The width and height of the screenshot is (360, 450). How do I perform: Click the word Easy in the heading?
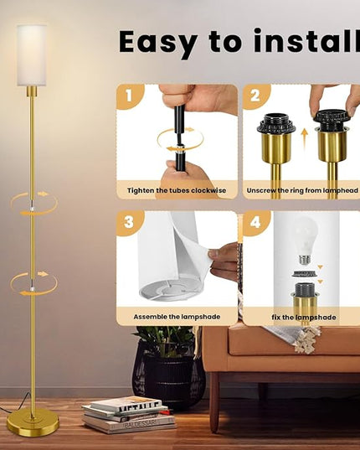[x=158, y=44]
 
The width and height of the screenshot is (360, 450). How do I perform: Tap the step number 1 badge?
[x=129, y=96]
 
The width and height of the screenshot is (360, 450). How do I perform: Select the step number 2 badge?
[x=255, y=96]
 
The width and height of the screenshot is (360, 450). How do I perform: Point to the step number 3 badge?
[x=129, y=222]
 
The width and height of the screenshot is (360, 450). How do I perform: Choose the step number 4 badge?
[x=255, y=222]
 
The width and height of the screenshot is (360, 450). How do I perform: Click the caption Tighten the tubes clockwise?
[x=177, y=190]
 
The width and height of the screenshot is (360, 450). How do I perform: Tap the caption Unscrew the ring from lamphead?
[x=302, y=190]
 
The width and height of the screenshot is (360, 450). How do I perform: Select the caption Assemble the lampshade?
[x=177, y=317]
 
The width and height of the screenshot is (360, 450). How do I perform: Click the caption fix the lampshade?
[x=304, y=317]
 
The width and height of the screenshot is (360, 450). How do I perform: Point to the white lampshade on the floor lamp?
[x=32, y=55]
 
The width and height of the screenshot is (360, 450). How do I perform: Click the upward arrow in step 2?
[x=305, y=139]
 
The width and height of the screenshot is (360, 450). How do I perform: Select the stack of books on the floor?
[x=129, y=414]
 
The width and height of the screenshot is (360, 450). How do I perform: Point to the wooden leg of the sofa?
[x=214, y=401]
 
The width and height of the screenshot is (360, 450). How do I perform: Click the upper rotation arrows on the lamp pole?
[x=34, y=204]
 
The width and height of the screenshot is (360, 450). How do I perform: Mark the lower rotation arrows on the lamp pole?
[x=33, y=284]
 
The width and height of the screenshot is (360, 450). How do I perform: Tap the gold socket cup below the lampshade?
[x=32, y=91]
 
